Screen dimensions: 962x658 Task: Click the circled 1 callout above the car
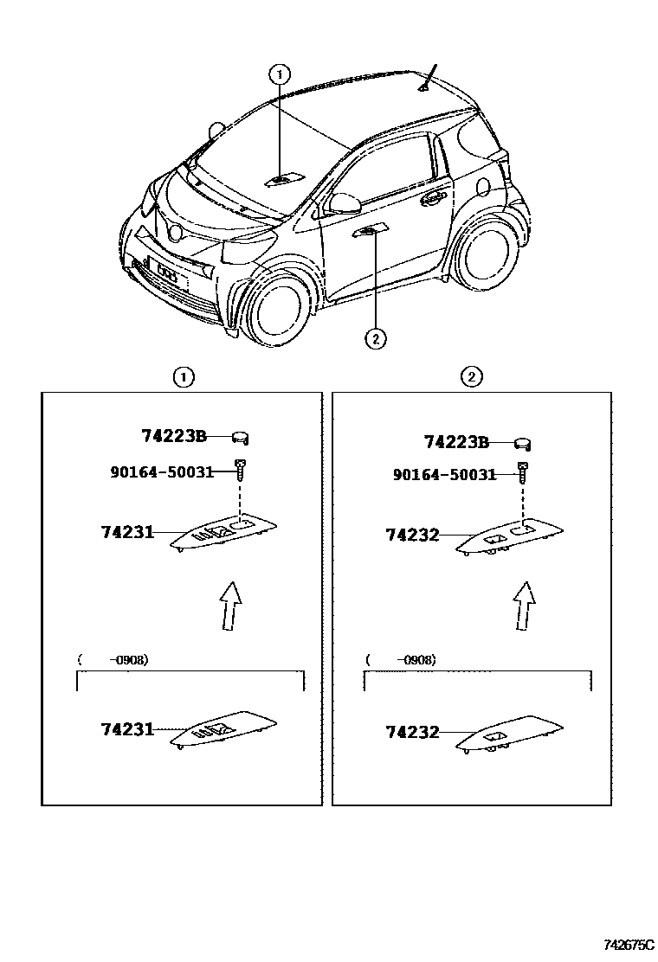tap(280, 74)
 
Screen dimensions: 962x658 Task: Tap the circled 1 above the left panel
tap(183, 376)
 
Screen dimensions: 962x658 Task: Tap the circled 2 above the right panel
tap(472, 376)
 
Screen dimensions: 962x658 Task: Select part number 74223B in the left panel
tap(174, 437)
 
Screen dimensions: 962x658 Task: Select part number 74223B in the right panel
tap(456, 443)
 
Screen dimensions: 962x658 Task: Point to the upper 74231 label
tap(126, 533)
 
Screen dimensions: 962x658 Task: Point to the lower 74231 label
tap(126, 729)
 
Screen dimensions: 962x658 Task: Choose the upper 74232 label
tap(412, 536)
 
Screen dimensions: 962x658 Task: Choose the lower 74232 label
tap(412, 732)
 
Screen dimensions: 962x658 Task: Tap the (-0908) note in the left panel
tap(113, 660)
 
